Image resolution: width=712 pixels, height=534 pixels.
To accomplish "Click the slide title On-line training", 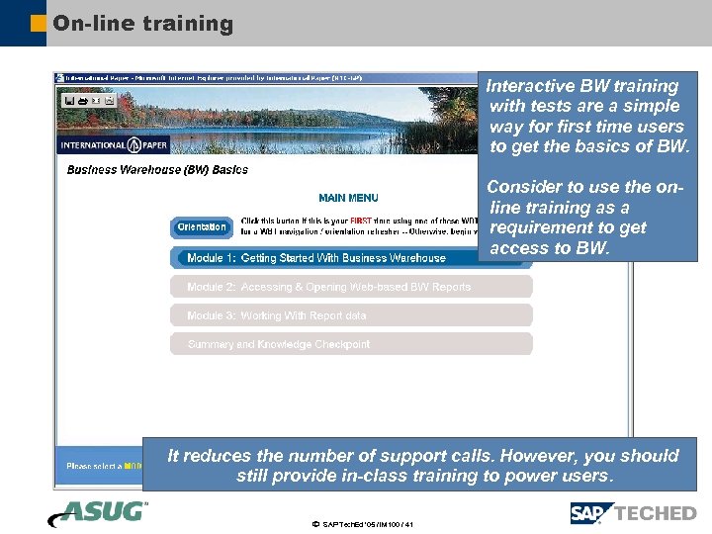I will coord(142,23).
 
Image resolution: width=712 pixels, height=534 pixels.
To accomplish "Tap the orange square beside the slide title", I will coord(38,23).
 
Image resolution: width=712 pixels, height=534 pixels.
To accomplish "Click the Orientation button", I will coord(202,227).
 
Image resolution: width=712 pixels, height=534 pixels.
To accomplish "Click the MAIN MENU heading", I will coord(348,198).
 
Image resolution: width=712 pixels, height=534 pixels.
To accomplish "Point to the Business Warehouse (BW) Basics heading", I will coord(157,170).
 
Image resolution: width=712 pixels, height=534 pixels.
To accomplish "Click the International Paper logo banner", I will coord(115,144).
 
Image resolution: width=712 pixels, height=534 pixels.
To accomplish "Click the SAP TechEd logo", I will coord(633,513).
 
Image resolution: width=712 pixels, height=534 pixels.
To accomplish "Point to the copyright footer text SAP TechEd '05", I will coord(362,524).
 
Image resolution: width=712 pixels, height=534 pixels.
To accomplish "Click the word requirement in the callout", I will coord(542,227).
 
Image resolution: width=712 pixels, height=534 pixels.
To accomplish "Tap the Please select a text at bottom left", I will coord(93,466).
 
